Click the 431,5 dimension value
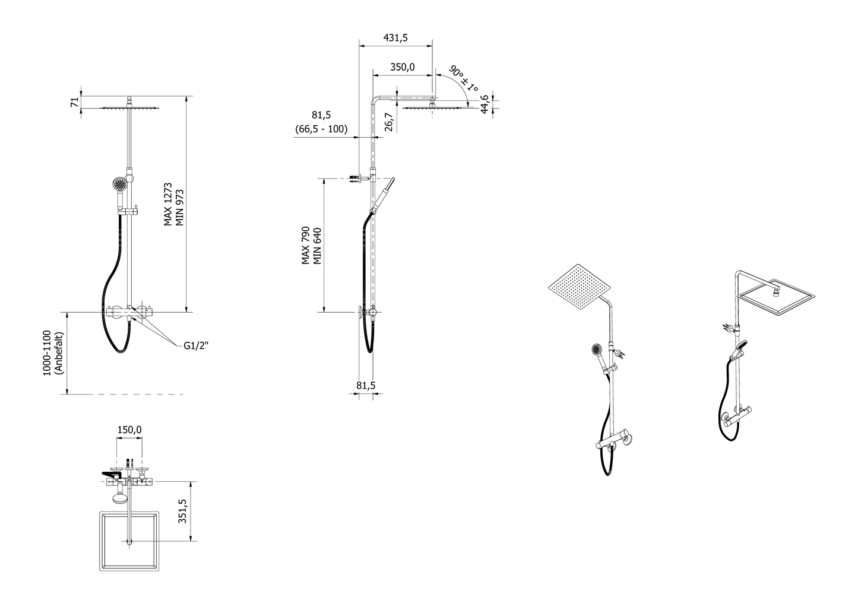coord(395,37)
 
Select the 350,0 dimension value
coord(402,67)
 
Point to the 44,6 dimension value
coord(484,104)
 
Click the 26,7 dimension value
coord(388,122)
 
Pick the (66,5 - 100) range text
coord(321,129)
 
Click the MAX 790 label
coord(305,245)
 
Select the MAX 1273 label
coord(168,204)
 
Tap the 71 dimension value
coord(74,101)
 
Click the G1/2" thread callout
coord(196,345)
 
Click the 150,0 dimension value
coord(129,430)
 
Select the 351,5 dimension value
coord(182,511)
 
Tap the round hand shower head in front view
coord(121,185)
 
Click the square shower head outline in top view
coord(129,540)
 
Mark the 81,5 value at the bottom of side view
coord(366,386)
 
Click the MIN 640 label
coord(317,245)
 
